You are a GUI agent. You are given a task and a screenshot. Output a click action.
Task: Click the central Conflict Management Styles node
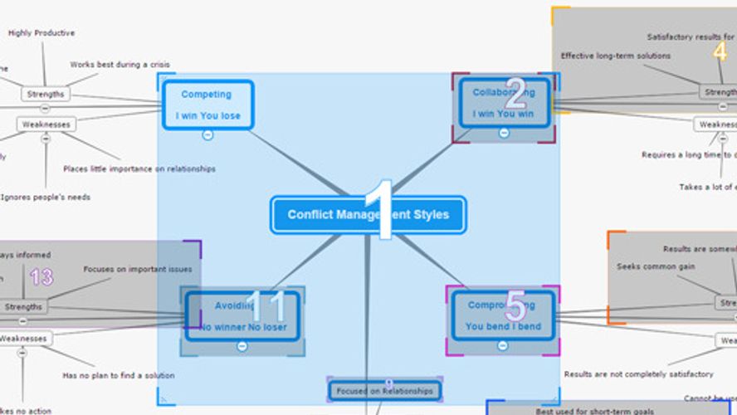368,215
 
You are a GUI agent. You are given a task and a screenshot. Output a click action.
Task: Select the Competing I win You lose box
207,105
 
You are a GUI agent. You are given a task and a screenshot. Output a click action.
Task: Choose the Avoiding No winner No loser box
242,315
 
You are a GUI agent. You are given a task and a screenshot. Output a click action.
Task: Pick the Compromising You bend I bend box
502,315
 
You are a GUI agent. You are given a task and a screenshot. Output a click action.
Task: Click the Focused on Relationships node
384,391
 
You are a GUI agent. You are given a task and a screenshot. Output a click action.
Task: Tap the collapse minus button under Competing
207,134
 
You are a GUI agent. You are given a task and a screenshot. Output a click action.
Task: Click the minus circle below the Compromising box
502,345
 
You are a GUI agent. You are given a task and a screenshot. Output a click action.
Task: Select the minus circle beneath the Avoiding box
242,346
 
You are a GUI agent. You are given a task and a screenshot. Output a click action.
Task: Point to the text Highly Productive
41,33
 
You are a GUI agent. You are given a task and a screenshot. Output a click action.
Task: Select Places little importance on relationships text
139,168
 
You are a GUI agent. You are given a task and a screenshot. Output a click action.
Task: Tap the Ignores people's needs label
46,198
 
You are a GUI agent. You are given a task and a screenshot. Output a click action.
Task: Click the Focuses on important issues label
138,269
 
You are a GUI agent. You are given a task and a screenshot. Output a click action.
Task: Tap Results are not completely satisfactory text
638,374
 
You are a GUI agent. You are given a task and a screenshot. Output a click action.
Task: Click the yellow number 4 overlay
720,51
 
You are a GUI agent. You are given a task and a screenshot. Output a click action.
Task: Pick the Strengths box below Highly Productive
46,95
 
